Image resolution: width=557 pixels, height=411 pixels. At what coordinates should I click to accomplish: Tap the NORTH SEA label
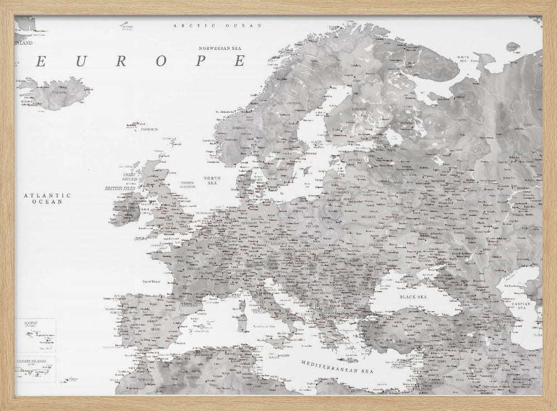[x=213, y=180]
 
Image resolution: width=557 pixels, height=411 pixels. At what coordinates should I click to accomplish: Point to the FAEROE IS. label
[x=149, y=129]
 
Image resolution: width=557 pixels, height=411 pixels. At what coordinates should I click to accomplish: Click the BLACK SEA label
[x=413, y=297]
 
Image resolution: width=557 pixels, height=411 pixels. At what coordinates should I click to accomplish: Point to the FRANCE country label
[x=193, y=268]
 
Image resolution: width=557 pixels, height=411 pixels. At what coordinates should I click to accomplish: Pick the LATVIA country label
[x=359, y=176]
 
